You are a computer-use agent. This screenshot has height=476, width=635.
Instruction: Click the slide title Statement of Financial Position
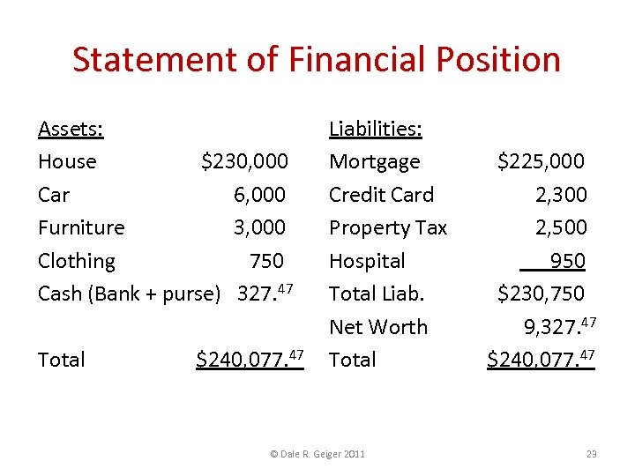pyautogui.click(x=317, y=60)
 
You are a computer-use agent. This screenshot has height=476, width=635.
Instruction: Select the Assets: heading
pyautogui.click(x=71, y=130)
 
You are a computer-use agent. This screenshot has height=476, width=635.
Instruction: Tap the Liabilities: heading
pyautogui.click(x=375, y=130)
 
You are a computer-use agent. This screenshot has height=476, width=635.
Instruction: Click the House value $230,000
pyautogui.click(x=244, y=162)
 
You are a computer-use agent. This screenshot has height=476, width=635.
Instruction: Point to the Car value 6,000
pyautogui.click(x=259, y=195)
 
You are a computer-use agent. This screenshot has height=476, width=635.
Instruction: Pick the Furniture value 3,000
pyautogui.click(x=259, y=227)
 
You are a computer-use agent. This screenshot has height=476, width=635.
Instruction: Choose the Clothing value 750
pyautogui.click(x=266, y=261)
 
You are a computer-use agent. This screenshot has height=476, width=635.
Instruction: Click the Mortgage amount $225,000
pyautogui.click(x=541, y=162)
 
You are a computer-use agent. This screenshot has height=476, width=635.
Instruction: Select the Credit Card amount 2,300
pyautogui.click(x=560, y=195)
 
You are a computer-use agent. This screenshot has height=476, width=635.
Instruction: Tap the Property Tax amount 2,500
pyautogui.click(x=560, y=227)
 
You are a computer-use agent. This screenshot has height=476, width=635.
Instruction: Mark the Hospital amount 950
pyautogui.click(x=567, y=261)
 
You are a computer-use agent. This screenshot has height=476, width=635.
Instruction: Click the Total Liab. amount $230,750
pyautogui.click(x=541, y=294)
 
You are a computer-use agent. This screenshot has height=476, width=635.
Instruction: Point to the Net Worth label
pyautogui.click(x=377, y=327)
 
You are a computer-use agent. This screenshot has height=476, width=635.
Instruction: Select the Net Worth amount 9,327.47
pyautogui.click(x=560, y=327)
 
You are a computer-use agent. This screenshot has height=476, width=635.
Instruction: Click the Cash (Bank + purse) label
pyautogui.click(x=129, y=294)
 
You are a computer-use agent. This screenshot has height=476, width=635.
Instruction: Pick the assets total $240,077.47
pyautogui.click(x=250, y=359)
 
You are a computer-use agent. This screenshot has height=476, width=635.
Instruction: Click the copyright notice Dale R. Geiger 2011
pyautogui.click(x=317, y=454)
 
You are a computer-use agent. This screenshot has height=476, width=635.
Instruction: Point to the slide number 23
pyautogui.click(x=591, y=454)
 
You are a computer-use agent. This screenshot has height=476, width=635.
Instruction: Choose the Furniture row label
pyautogui.click(x=81, y=227)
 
